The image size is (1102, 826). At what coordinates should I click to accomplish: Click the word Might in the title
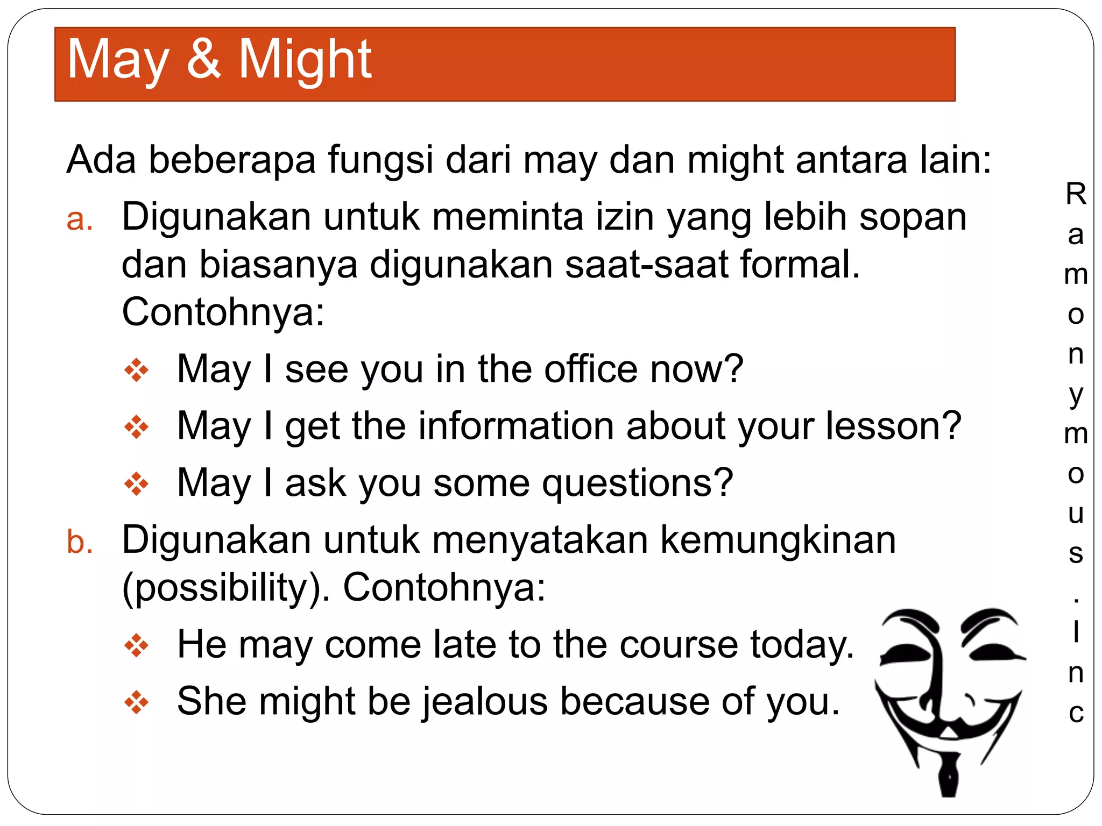305,60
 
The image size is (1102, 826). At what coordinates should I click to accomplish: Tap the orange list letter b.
79,542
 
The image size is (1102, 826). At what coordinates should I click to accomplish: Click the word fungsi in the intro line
380,161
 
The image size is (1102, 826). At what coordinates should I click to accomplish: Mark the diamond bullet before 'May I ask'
136,483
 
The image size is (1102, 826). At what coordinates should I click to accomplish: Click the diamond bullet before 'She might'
136,702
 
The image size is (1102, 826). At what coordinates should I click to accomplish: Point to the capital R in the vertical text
1076,194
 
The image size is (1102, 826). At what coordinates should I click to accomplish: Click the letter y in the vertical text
1076,395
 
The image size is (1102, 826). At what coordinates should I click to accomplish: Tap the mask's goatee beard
949,774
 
